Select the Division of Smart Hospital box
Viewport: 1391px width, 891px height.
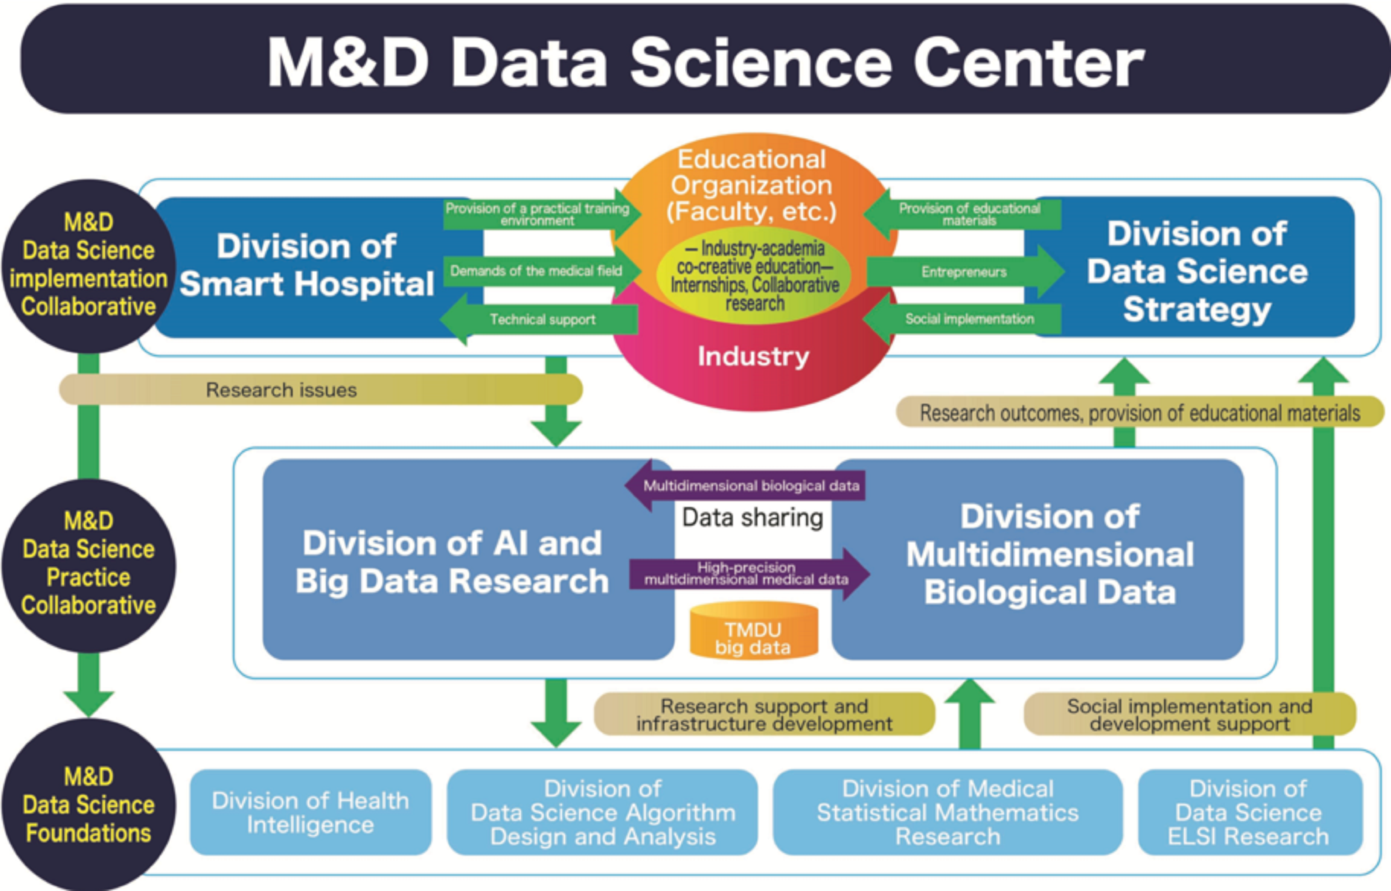307,266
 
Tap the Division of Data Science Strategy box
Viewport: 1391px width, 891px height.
1197,271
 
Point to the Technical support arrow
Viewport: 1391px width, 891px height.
541,319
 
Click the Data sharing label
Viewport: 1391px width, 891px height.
752,518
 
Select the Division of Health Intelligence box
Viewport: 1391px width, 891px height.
311,812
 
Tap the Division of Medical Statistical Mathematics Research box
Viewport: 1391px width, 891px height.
948,812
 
